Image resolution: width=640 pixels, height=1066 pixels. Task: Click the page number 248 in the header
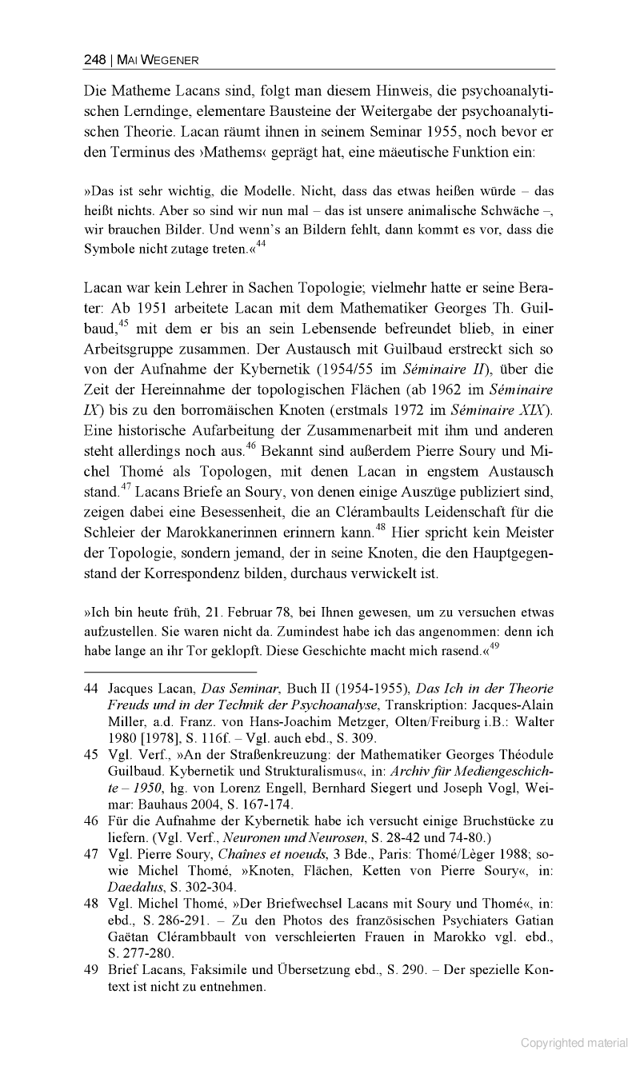pyautogui.click(x=95, y=60)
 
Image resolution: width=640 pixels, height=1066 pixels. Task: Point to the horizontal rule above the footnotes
pyautogui.click(x=170, y=672)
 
